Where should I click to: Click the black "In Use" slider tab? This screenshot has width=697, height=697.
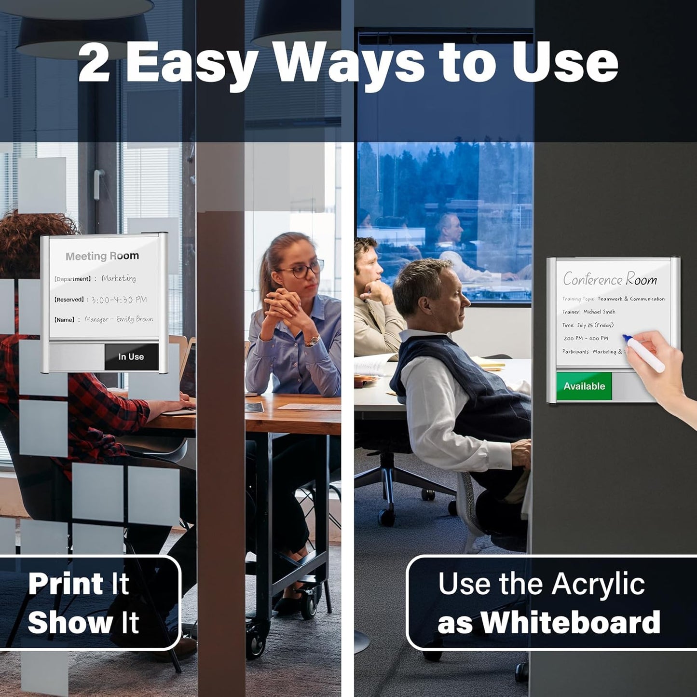(131, 356)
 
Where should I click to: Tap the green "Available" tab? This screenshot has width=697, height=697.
(584, 386)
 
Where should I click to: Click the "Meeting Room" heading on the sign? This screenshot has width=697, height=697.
(102, 256)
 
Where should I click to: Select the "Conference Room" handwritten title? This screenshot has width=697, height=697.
(610, 279)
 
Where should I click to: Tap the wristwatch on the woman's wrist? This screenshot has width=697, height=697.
(312, 341)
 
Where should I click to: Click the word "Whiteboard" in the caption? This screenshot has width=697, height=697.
(570, 622)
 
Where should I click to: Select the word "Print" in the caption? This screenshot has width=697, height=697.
(66, 584)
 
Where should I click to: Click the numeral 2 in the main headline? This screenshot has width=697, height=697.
(95, 63)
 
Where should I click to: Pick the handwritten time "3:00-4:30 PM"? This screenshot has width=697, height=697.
(119, 300)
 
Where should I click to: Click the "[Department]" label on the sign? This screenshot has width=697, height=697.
(72, 279)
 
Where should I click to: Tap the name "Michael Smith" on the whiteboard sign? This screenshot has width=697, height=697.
(599, 312)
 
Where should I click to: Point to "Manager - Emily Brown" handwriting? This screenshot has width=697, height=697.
(119, 319)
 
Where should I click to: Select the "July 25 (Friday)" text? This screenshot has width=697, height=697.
(595, 325)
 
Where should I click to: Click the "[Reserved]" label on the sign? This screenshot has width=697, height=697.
(69, 300)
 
